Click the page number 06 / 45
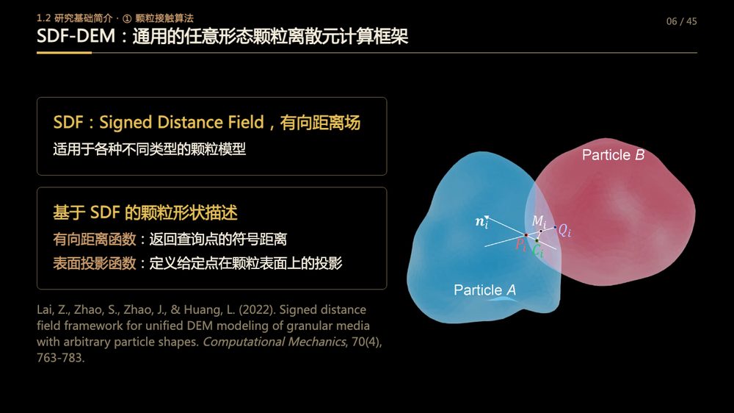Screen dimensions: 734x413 [x=681, y=21]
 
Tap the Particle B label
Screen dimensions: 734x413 [x=613, y=155]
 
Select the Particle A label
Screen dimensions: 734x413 [x=485, y=290]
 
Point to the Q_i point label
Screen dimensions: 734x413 [x=564, y=230]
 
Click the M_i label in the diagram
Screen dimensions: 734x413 [x=539, y=221]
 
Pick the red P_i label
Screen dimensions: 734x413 [x=520, y=245]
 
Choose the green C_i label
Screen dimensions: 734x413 [x=538, y=251]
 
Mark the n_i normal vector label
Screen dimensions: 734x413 [x=482, y=222]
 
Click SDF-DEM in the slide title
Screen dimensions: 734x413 [x=76, y=36]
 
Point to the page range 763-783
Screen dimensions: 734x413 [x=60, y=358]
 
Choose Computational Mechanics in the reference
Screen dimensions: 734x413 [x=274, y=342]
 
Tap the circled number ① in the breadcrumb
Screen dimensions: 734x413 [x=127, y=19]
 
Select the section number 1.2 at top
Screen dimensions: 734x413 [x=43, y=18]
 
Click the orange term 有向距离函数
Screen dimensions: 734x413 [x=94, y=239]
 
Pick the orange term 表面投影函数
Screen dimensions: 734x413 [x=94, y=263]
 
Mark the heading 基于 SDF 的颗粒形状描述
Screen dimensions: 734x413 [x=145, y=213]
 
